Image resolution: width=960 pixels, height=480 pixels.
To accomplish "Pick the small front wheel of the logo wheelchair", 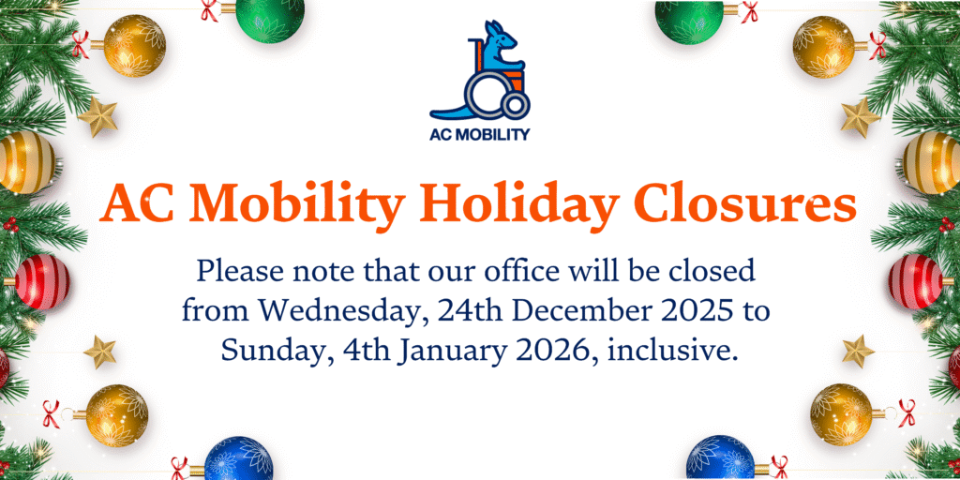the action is (x=516, y=105).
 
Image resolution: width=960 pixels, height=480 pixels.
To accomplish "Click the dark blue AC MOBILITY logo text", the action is (x=479, y=135).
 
